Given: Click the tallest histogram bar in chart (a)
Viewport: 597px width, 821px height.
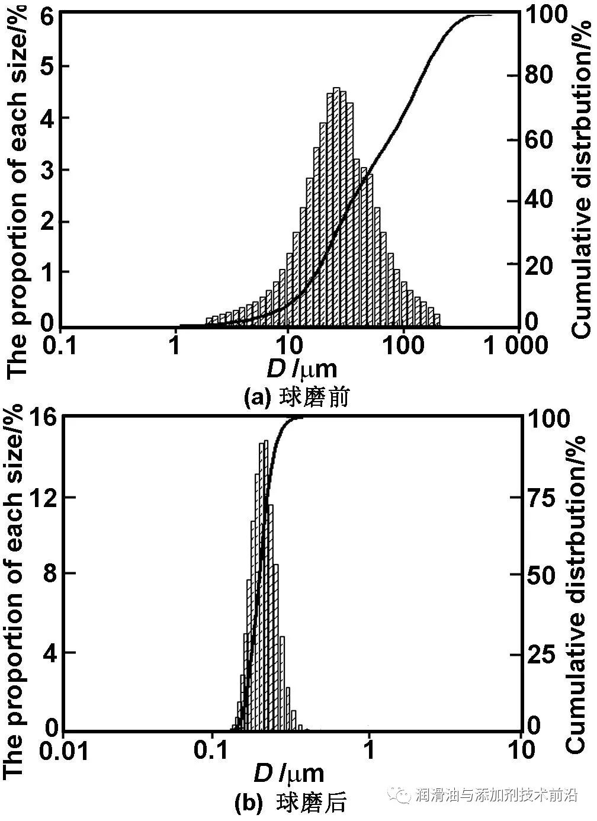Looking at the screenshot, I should coord(336,207).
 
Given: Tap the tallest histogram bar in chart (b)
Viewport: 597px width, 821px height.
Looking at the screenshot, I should coord(265,586).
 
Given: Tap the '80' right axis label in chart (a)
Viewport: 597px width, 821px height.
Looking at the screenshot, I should coord(538,75).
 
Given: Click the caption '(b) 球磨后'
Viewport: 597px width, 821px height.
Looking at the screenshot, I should coord(290,803).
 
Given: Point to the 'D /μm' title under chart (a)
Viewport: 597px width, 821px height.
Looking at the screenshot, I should coord(301,369).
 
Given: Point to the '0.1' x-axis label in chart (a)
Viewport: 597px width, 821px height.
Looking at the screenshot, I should coord(62,345).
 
